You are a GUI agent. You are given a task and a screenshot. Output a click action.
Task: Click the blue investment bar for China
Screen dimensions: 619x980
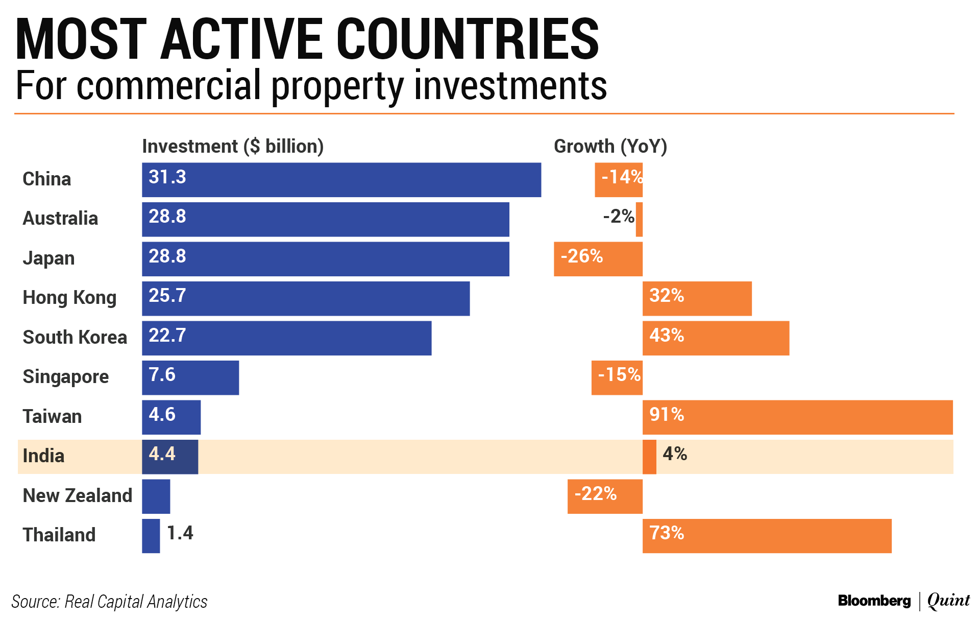[x=341, y=180]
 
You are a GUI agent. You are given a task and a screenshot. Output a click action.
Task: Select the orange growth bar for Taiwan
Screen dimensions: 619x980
[x=797, y=417]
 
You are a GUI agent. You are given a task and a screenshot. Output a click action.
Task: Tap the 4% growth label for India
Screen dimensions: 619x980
[x=675, y=454]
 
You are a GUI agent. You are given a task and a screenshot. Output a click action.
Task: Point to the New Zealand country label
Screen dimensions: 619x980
[x=77, y=495]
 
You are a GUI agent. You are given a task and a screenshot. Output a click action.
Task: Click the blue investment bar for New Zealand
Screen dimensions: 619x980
[x=156, y=496]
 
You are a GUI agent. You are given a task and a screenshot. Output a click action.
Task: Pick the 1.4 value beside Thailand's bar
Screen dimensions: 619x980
[x=180, y=533]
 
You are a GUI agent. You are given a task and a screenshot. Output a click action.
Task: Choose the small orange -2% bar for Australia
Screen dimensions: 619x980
[x=639, y=220]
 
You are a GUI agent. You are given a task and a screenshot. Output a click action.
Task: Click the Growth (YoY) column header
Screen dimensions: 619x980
[x=610, y=147]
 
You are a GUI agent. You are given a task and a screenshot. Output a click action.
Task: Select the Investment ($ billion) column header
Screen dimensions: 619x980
[x=233, y=147]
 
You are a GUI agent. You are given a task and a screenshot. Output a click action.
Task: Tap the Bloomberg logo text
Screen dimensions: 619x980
[x=874, y=601]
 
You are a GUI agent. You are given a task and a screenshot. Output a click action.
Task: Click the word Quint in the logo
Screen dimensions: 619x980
[x=948, y=601]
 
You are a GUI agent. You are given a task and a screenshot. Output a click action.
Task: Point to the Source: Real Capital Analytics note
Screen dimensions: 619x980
[x=109, y=602]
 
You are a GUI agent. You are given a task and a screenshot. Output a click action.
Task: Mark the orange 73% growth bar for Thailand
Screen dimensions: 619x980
[x=767, y=536]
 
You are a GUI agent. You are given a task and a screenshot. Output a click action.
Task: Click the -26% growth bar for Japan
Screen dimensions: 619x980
[x=598, y=259]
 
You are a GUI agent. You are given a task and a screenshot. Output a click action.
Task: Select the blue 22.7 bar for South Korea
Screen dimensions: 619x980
[x=286, y=338]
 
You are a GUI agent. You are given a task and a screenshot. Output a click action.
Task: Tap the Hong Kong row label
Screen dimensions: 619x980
[x=69, y=297]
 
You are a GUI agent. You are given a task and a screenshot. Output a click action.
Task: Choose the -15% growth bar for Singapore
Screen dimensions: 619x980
[x=617, y=377]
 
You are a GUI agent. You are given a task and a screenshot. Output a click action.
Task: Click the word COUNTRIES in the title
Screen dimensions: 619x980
[x=467, y=40]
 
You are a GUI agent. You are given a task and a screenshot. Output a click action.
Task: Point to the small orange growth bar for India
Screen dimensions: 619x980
[x=649, y=457]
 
